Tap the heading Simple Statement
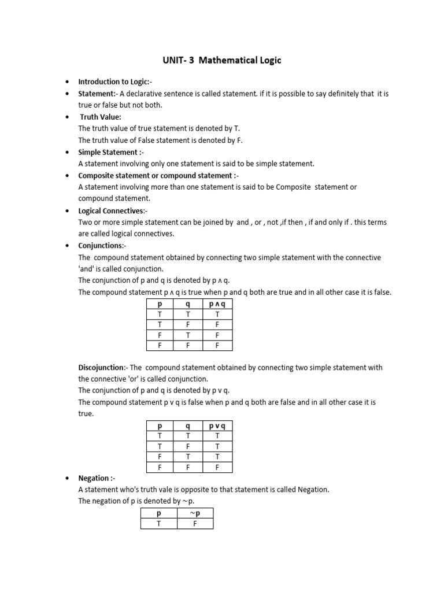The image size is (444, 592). tap(109, 152)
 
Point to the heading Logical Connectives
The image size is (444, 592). tap(111, 211)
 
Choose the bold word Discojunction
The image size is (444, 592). tap(101, 368)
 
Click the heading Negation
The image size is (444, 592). tap(95, 478)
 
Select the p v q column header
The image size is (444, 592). tap(217, 426)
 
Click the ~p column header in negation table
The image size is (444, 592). tap(195, 513)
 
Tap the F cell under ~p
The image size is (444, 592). tap(195, 524)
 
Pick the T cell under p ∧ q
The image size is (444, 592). tap(217, 314)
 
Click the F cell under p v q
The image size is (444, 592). tap(217, 467)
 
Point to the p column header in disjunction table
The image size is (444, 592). tap(160, 426)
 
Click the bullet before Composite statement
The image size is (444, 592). tap(68, 176)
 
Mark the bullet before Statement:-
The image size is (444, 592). tap(68, 94)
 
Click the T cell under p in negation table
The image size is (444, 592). tap(158, 524)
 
